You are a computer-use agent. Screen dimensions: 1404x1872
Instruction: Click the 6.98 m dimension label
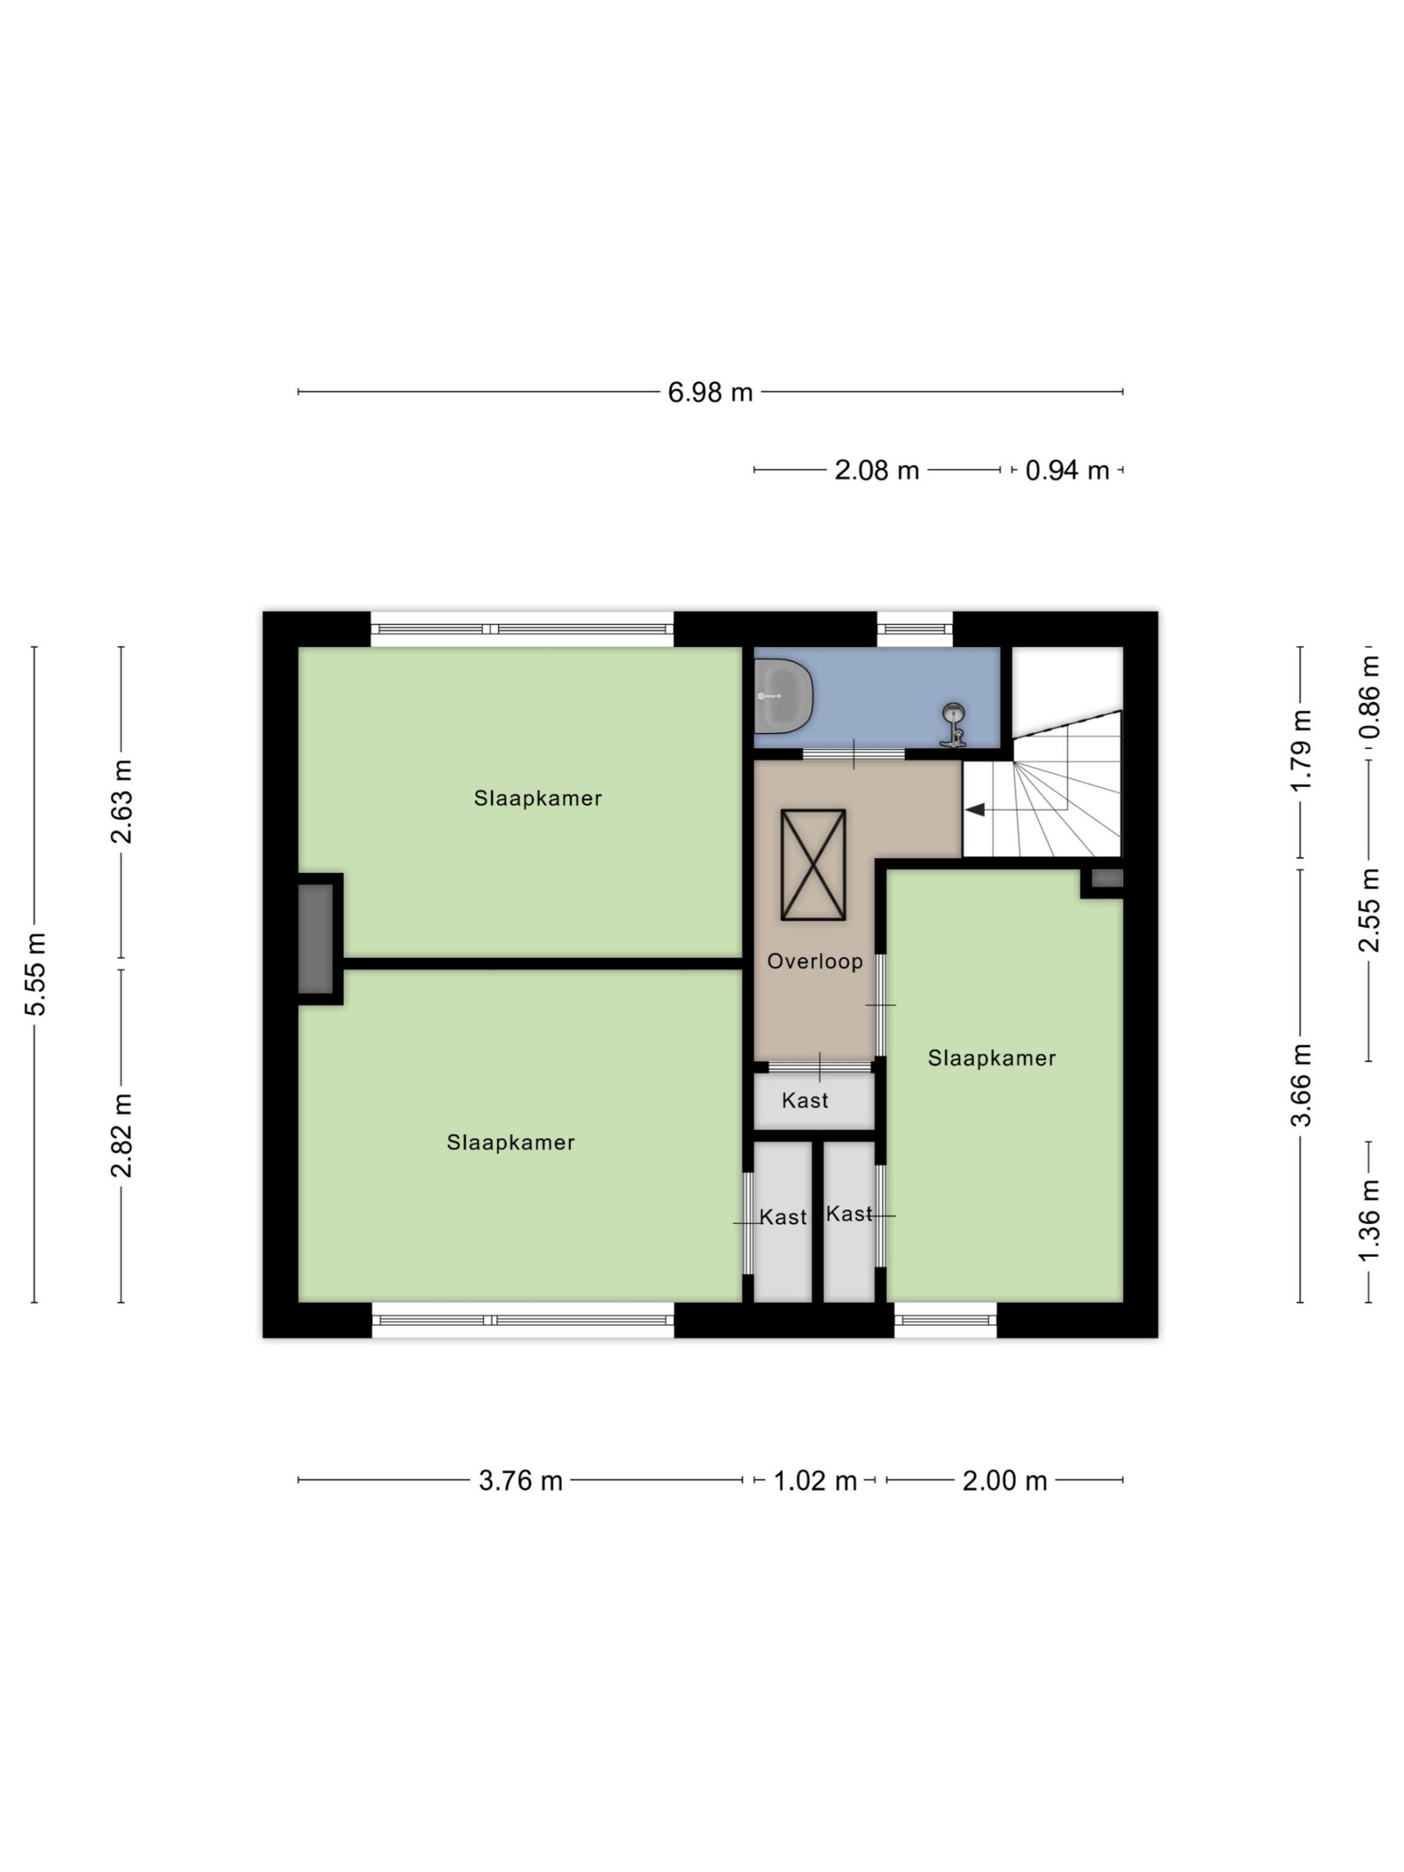coord(709,393)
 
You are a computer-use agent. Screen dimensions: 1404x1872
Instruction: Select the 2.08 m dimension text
coord(876,470)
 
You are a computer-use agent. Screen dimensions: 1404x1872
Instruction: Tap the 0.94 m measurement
coord(1066,470)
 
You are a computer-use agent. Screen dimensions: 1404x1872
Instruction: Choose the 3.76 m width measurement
coord(521,1480)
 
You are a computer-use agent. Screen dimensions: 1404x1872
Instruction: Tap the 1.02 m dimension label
coord(815,1480)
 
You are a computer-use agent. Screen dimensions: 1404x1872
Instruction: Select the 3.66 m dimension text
coord(1301,1085)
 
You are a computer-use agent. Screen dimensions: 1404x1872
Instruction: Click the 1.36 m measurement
coord(1368,1220)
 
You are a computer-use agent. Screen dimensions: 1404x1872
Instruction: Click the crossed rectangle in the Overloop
coord(813,865)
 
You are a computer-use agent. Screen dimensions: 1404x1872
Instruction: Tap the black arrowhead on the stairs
coord(975,810)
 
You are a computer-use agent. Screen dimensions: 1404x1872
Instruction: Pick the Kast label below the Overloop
coord(805,1101)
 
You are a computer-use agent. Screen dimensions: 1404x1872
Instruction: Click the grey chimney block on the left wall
coord(316,938)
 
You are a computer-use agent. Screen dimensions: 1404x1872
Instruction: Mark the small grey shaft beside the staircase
coord(1106,878)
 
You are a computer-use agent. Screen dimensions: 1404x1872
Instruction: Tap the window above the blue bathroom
coord(914,629)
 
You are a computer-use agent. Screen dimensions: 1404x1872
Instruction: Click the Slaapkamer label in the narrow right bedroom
coord(992,1058)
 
